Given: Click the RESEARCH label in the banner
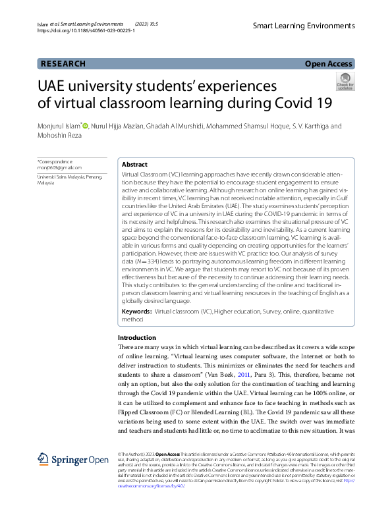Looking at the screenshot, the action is click(63, 64).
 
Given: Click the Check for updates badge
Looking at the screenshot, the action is click(345, 81).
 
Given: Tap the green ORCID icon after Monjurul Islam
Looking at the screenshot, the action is click(103, 126).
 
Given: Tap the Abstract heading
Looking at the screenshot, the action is click(135, 165).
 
